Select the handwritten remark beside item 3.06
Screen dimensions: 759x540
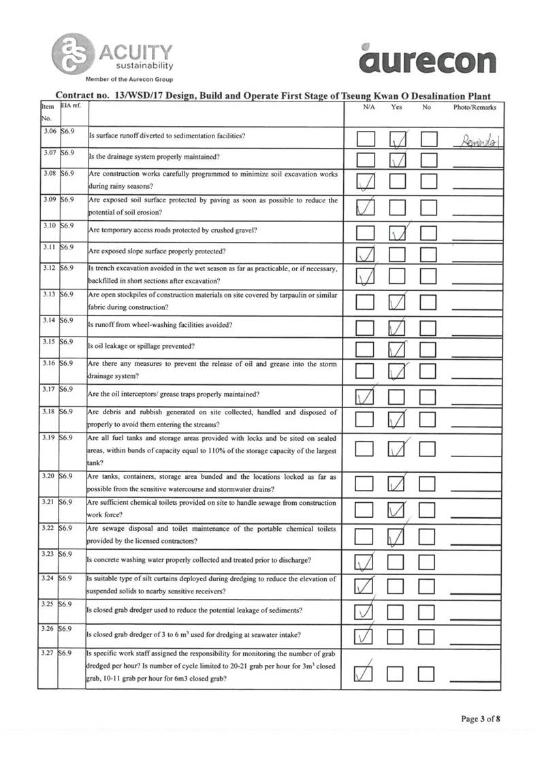click(x=477, y=142)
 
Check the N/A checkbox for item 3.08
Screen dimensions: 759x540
click(x=366, y=183)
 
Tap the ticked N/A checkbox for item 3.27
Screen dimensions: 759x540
click(x=366, y=674)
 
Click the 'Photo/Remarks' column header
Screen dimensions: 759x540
click(x=475, y=107)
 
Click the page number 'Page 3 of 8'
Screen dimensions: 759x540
click(x=481, y=718)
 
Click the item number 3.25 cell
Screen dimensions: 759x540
click(x=48, y=604)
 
